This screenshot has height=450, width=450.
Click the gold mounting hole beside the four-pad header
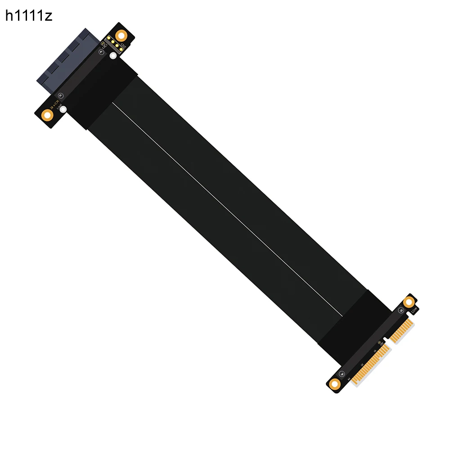tap(121, 36)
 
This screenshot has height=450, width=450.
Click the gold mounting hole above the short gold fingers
tap(409, 302)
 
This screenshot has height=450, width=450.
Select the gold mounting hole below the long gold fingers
tap(334, 384)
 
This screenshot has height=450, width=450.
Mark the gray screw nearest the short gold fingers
tap(401, 310)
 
